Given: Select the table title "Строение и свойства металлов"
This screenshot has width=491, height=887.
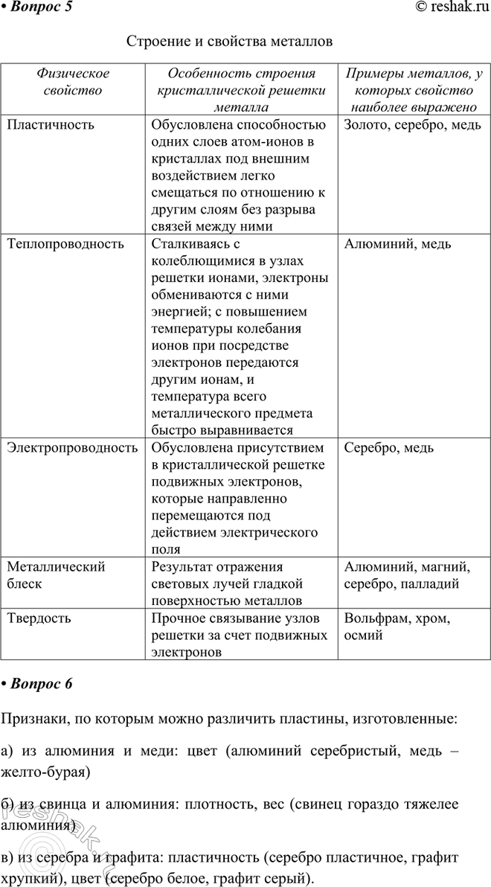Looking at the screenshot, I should [230, 42].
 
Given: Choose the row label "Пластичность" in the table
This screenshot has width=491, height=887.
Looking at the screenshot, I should [51, 124].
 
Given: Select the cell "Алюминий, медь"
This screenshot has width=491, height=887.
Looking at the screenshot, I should [398, 243].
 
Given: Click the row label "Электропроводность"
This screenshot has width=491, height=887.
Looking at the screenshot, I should [72, 448].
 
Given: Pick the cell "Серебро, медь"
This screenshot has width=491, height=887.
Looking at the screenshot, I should [389, 448].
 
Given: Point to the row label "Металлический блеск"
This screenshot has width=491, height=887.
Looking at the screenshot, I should [56, 575].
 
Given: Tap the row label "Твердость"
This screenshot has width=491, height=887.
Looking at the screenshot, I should [39, 618].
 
